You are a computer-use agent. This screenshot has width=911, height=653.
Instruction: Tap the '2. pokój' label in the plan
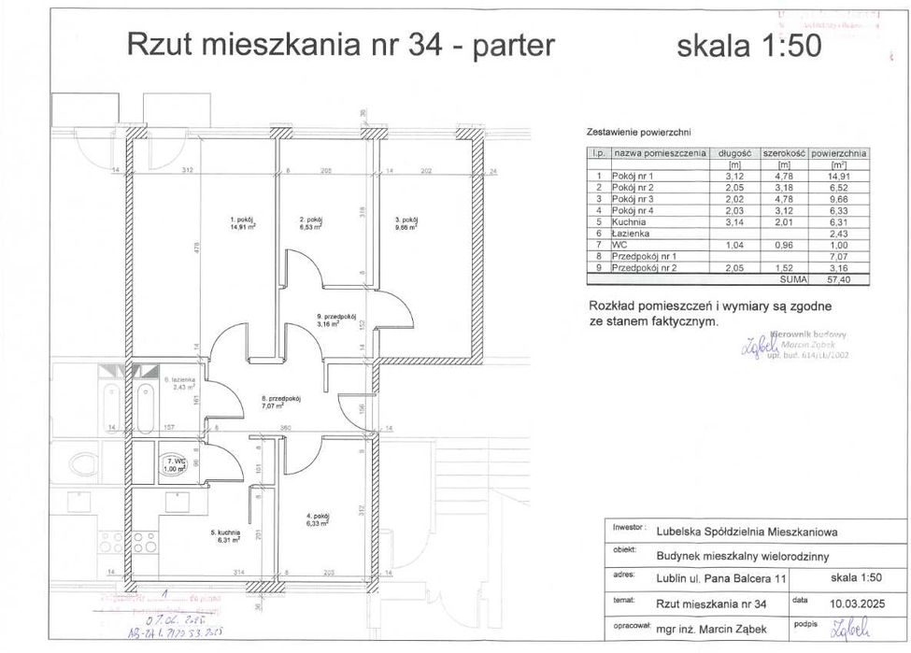click(x=310, y=220)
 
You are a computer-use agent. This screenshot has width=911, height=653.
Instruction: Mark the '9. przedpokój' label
click(x=331, y=320)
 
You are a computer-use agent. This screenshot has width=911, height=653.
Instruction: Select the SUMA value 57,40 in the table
click(x=839, y=278)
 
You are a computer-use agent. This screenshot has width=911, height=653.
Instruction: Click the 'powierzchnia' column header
click(x=839, y=152)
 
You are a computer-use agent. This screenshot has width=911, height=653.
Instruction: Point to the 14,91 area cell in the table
click(x=839, y=175)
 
